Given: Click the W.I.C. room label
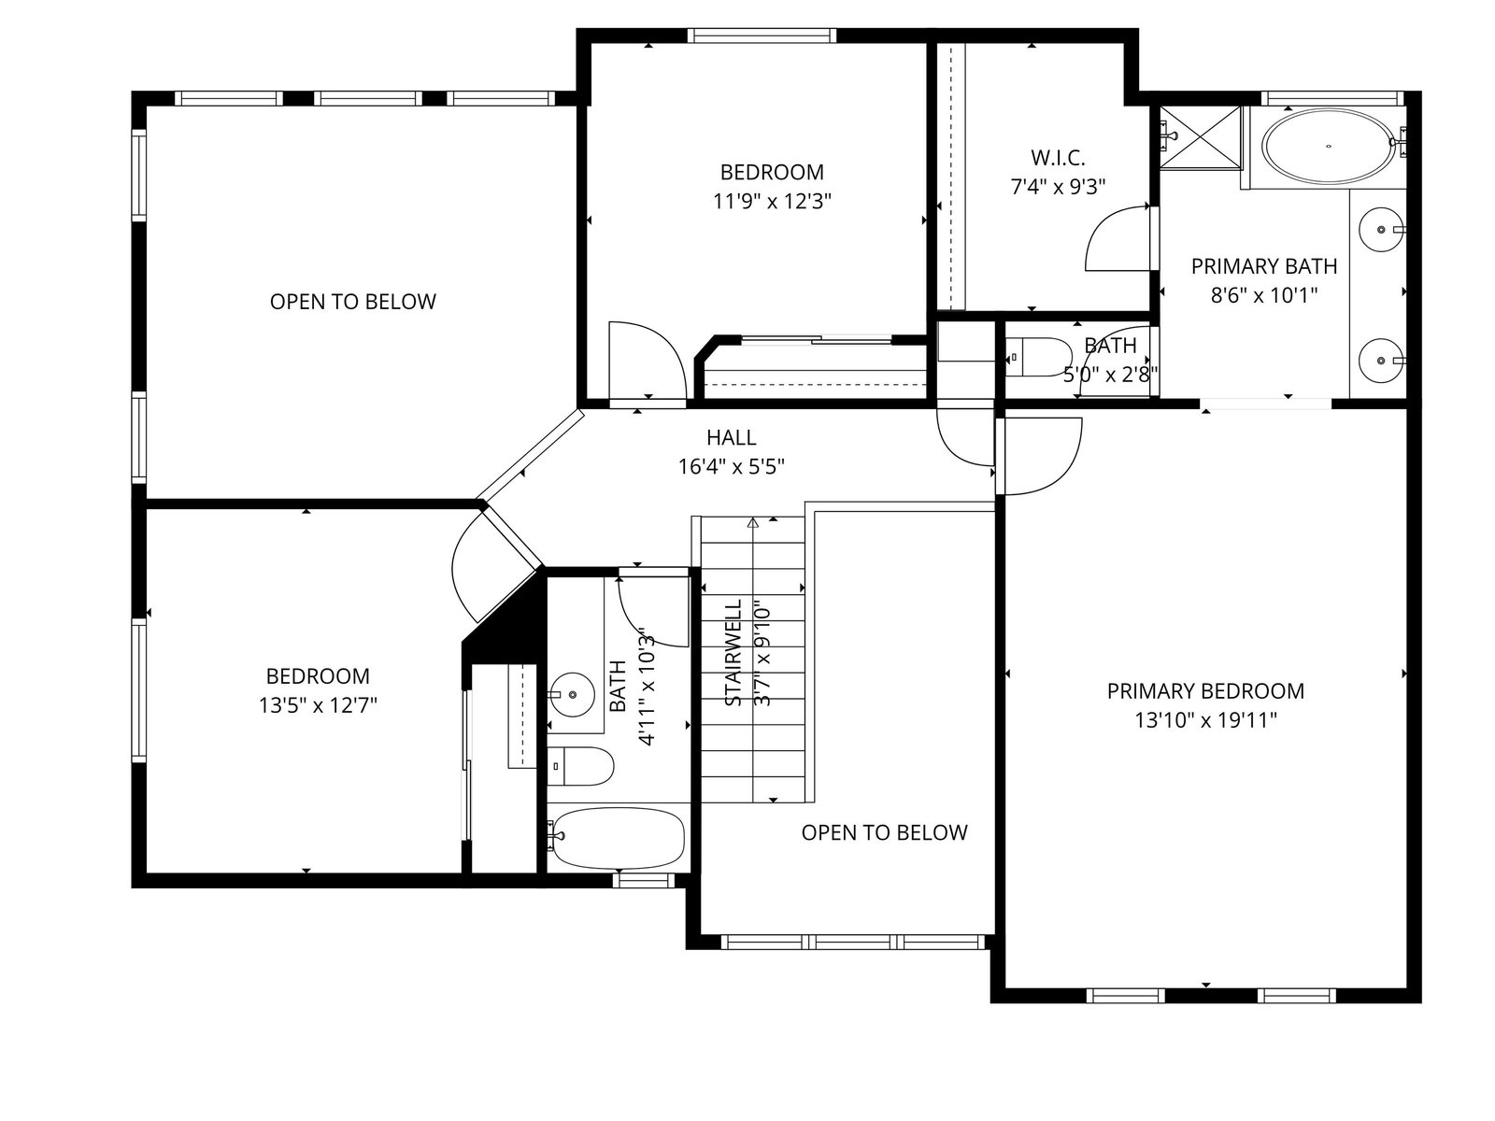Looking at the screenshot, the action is (x=1057, y=158).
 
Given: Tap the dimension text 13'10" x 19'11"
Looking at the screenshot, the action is (x=1204, y=720).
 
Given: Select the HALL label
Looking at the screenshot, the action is (x=731, y=437).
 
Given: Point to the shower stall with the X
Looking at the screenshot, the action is (x=1201, y=136).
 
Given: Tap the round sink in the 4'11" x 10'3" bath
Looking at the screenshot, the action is (x=572, y=694).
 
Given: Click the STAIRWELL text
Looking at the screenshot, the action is (x=733, y=652).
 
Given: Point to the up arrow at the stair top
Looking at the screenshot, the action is (x=752, y=523).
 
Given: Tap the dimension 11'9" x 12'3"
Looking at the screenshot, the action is (x=772, y=202).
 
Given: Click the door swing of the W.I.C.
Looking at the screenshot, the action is (x=1117, y=238).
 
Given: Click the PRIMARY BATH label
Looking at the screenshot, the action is (x=1264, y=266).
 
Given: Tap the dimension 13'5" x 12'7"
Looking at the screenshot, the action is (x=318, y=705).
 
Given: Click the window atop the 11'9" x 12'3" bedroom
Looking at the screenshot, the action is (x=761, y=35).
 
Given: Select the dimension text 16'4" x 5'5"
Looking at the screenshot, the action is (x=731, y=467).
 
